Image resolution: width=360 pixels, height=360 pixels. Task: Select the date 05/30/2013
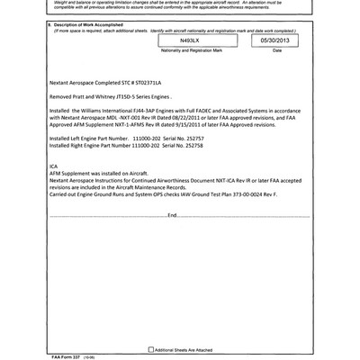point(276,41)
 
